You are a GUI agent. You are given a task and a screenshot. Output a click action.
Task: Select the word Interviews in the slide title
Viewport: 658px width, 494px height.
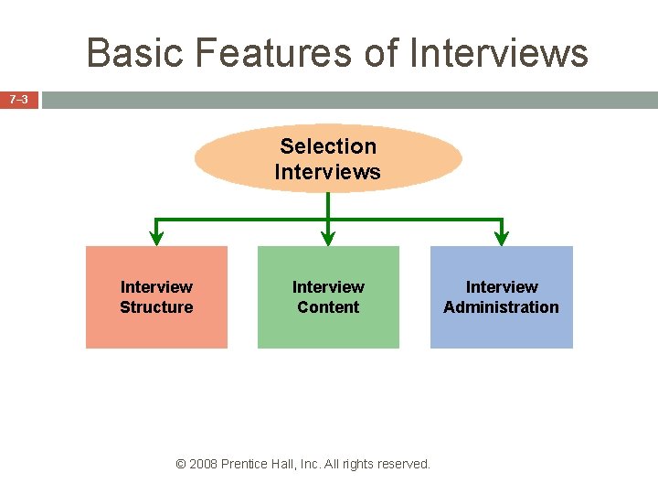499,53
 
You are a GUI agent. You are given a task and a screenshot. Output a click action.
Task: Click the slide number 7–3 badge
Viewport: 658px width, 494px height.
19,99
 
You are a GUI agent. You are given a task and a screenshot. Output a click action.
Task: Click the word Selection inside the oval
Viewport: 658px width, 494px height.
328,146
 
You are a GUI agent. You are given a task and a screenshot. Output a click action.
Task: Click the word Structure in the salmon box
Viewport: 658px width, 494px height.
156,307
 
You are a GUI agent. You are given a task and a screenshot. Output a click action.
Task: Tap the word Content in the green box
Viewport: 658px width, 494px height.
328,307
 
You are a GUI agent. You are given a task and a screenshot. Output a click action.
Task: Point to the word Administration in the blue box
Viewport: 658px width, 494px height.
501,307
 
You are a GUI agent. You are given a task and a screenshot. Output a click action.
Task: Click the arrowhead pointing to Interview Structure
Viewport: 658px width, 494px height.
156,237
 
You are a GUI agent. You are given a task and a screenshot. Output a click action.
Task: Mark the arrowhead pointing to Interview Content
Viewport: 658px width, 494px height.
328,237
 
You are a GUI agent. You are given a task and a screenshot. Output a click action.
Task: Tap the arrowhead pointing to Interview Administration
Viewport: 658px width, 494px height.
501,237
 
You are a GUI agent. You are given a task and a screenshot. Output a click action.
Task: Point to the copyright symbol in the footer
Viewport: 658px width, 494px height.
180,464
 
